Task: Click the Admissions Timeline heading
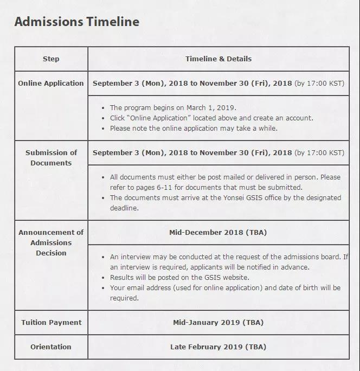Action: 76,22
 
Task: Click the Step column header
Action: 51,59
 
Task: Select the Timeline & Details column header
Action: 218,59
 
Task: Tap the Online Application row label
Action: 51,84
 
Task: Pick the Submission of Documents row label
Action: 51,158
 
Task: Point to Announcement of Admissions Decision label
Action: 51,242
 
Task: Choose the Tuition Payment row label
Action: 51,322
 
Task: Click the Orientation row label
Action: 51,347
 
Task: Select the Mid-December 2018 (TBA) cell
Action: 218,233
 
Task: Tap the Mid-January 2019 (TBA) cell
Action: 218,322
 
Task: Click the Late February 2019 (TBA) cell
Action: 218,347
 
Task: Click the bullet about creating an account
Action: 211,118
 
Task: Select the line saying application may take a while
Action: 194,129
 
